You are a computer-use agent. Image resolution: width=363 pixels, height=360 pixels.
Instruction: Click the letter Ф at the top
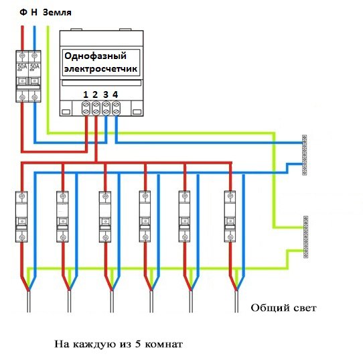pyautogui.click(x=23, y=12)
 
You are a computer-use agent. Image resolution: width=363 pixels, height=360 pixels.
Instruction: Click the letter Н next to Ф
pyautogui.click(x=34, y=12)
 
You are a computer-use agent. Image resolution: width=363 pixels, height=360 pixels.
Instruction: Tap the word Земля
pyautogui.click(x=57, y=12)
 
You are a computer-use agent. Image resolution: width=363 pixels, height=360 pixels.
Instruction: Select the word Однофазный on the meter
pyautogui.click(x=95, y=56)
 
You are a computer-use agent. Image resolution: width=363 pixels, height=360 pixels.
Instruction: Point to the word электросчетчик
pyautogui.click(x=100, y=69)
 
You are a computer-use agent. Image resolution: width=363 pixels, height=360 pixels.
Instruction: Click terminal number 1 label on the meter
pyautogui.click(x=86, y=95)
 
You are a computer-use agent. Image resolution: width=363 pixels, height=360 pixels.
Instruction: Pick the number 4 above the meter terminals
pyautogui.click(x=115, y=95)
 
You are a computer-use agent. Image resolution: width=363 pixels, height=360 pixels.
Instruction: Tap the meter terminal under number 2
pyautogui.click(x=96, y=108)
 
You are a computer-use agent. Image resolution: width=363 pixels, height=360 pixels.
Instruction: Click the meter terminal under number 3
pyautogui.click(x=106, y=108)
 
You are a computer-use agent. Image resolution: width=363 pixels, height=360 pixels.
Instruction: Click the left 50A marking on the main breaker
pyautogui.click(x=22, y=66)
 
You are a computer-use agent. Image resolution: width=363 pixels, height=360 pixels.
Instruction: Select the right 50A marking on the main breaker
pyautogui.click(x=35, y=66)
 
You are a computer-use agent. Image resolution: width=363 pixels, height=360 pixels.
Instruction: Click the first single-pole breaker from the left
pyautogui.click(x=21, y=217)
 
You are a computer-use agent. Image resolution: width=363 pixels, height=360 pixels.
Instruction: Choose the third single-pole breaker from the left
pyautogui.click(x=105, y=217)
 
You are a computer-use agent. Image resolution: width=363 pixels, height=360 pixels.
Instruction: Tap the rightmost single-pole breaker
pyautogui.click(x=230, y=217)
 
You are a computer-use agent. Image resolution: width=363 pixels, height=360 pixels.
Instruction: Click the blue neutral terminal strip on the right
pyautogui.click(x=305, y=155)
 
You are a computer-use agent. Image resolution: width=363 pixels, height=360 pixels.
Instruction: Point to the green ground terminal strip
pyautogui.click(x=306, y=237)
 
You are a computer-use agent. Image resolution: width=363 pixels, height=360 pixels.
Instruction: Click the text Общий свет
pyautogui.click(x=283, y=308)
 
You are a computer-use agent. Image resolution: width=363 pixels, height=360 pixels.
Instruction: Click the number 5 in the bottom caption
pyautogui.click(x=138, y=344)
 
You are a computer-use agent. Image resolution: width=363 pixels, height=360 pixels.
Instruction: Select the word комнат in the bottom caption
pyautogui.click(x=163, y=345)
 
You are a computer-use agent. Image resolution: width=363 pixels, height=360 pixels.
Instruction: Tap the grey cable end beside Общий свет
pyautogui.click(x=236, y=301)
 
